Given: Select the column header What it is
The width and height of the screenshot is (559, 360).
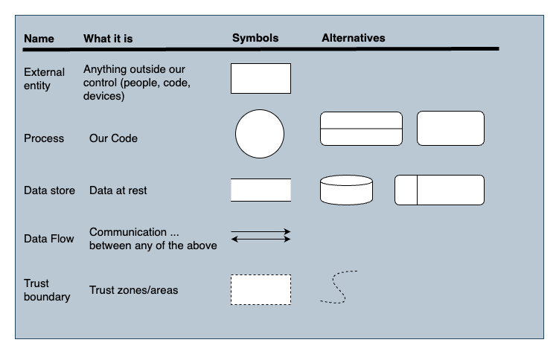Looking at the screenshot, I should coord(108,38).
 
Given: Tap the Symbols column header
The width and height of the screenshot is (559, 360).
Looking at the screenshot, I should coord(255,38).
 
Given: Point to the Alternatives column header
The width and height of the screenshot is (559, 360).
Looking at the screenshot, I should coord(353,38).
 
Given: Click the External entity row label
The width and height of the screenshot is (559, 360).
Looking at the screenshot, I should coord(44,79).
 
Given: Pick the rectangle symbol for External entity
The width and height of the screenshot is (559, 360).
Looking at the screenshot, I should coord(261,78).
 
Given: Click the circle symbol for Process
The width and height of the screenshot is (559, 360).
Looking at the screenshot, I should coord(260,135).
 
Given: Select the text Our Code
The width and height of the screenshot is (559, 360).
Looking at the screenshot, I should coord(113,138).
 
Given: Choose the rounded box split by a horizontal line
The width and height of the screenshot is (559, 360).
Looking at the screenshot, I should coord(361,129).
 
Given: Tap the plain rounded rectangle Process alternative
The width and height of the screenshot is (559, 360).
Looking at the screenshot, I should coord(450,129).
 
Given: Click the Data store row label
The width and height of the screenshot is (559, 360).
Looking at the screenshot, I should coord(49,190).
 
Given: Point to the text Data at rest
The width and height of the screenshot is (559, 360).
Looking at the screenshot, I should coord(118,190).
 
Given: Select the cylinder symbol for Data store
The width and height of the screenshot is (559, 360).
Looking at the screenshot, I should coord(346,190).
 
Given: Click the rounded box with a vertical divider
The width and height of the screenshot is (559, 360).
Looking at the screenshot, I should coord(439,190).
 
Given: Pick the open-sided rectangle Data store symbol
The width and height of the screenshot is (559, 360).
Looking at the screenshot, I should coord(261,190).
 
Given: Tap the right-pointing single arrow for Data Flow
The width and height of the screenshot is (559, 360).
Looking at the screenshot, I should coord(261,231).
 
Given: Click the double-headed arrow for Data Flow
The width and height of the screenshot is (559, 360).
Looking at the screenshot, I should coord(261,240).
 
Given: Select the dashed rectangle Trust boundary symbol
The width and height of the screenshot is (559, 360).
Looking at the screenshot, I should coord(261,289).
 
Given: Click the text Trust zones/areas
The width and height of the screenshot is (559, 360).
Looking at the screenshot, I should coord(133,290).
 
